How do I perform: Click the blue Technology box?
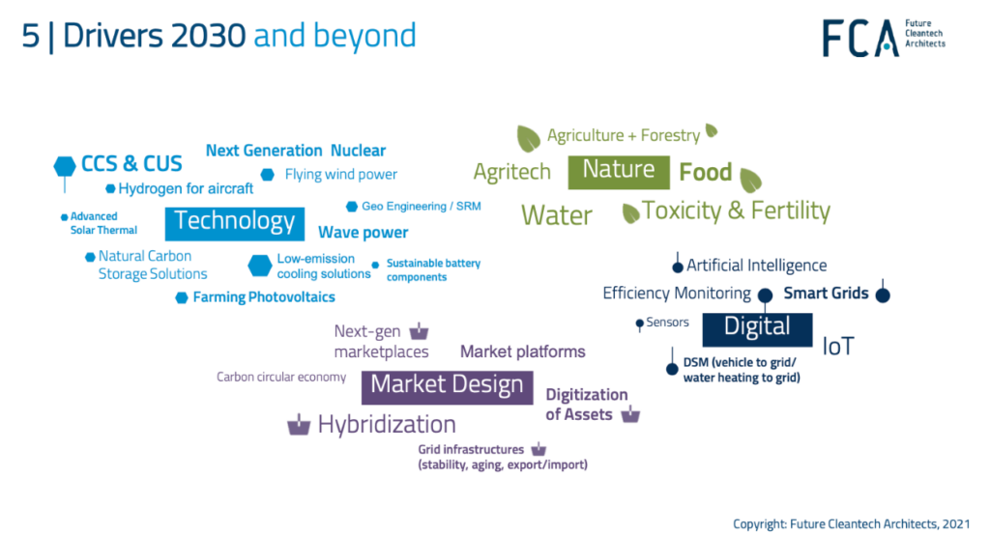235,224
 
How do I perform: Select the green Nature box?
619,172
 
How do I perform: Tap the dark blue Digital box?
757,329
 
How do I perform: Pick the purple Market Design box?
447,387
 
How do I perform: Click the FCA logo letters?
860,38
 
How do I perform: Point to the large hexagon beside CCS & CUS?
65,166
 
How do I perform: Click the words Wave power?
364,233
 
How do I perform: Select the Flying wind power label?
341,174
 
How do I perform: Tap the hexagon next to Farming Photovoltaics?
181,297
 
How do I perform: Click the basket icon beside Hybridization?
299,425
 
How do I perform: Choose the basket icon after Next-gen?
419,331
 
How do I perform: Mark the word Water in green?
557,215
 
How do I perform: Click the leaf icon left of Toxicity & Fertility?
630,213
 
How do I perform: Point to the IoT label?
838,346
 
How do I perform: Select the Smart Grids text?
826,294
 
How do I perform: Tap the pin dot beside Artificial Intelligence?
678,267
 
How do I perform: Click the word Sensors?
667,323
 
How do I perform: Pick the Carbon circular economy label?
281,377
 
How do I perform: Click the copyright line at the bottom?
851,524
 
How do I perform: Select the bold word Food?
705,172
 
